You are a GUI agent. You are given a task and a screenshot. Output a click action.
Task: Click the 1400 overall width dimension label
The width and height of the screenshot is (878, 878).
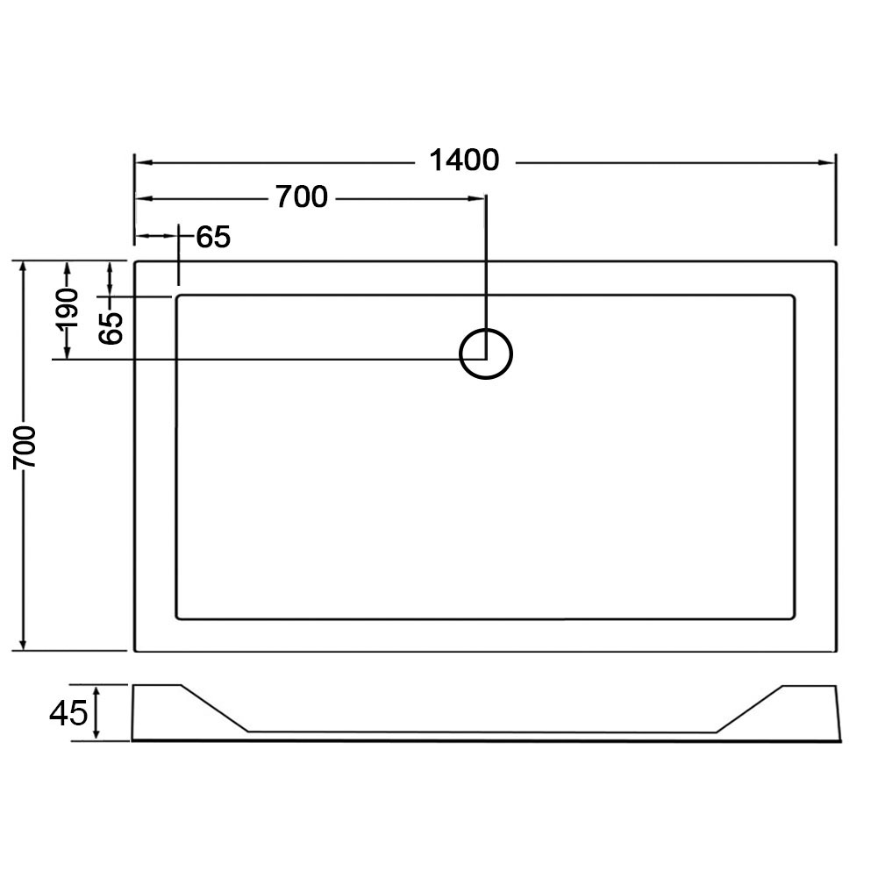coord(464,161)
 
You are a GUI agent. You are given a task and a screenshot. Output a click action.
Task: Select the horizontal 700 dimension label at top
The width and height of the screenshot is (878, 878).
coord(301,197)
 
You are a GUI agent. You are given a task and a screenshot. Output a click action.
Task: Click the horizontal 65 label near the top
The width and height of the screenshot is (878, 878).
coord(213,237)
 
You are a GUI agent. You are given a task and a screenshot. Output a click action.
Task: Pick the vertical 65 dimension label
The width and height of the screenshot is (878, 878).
coord(111,327)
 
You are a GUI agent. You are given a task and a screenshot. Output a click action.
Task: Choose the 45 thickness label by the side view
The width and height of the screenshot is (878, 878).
coord(68,713)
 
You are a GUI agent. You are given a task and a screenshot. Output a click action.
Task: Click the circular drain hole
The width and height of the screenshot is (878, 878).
coord(486,354)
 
